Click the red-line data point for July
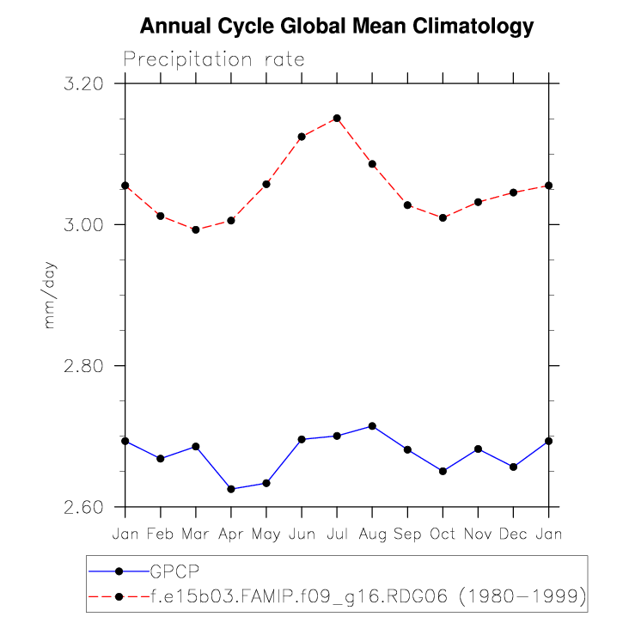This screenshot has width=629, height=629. [x=337, y=118]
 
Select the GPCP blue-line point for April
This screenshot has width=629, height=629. [x=231, y=489]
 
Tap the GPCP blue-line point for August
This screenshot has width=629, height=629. [x=372, y=426]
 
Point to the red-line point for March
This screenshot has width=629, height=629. [x=196, y=229]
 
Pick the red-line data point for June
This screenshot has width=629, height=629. [x=302, y=137]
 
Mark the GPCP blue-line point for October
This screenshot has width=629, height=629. [x=443, y=471]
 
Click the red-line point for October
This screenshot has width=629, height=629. [x=443, y=218]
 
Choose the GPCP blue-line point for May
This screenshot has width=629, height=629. [x=266, y=483]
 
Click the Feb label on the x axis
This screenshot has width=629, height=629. [x=161, y=534]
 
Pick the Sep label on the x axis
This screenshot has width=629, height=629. [x=407, y=534]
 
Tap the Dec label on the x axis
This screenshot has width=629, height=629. [x=513, y=534]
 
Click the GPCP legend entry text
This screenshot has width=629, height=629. [x=177, y=571]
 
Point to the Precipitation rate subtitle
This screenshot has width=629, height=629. [x=214, y=59]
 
